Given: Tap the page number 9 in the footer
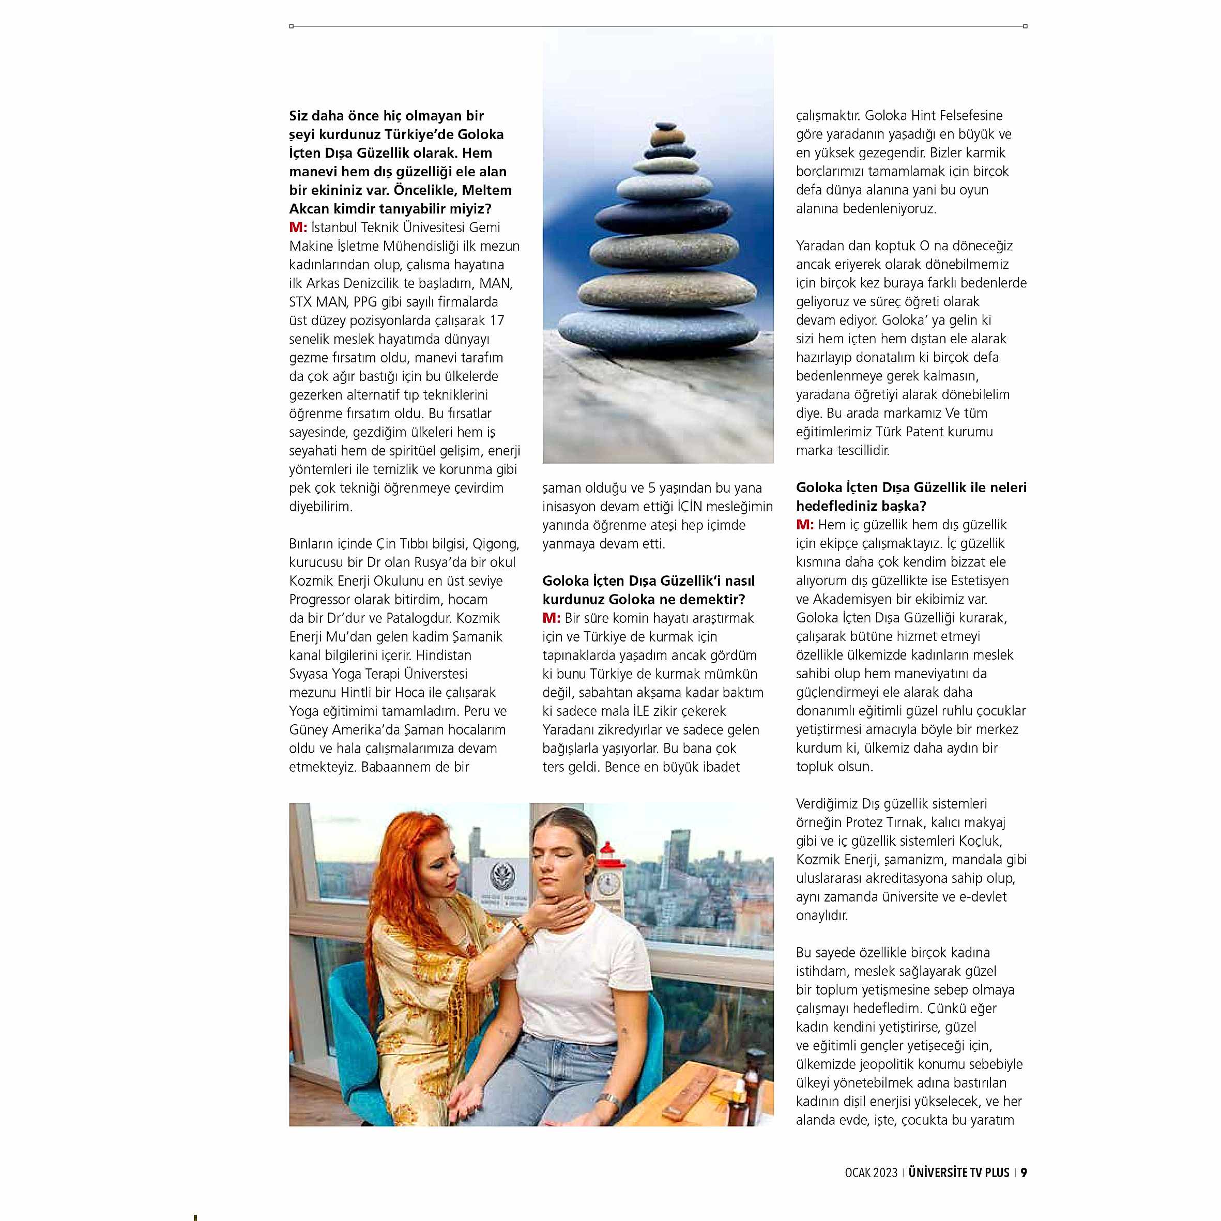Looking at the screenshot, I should pyautogui.click(x=1024, y=1172).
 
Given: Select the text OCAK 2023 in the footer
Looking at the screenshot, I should pyautogui.click(x=871, y=1173).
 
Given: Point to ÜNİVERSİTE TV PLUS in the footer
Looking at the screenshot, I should pyautogui.click(x=959, y=1172).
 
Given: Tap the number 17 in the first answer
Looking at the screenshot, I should pyautogui.click(x=497, y=320).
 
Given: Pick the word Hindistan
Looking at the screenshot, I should pyautogui.click(x=443, y=655).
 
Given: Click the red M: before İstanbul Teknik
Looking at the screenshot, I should pyautogui.click(x=298, y=227).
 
